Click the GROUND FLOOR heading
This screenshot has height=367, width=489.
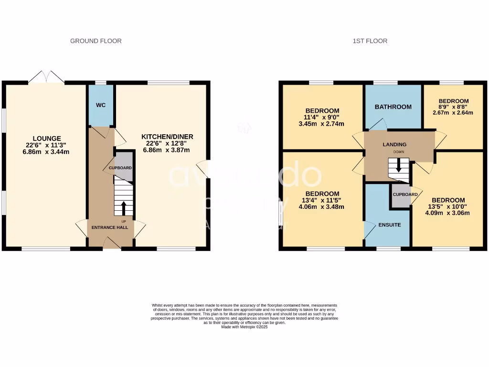[x=96, y=41]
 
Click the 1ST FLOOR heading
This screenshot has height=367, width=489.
[x=370, y=41]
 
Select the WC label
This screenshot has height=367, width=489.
[x=101, y=104]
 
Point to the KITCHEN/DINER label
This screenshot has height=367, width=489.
[x=167, y=137]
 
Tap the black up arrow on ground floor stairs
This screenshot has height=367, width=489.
[x=124, y=208]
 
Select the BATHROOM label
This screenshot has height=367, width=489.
[x=393, y=107]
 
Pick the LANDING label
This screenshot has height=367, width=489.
[x=394, y=144]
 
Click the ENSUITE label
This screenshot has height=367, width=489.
[x=390, y=225]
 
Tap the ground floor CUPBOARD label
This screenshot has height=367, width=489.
[x=120, y=168]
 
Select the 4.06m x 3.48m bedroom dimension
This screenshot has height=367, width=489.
[x=320, y=207]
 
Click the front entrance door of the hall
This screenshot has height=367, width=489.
[x=111, y=245]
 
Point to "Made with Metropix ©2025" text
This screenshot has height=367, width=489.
[x=244, y=327]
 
